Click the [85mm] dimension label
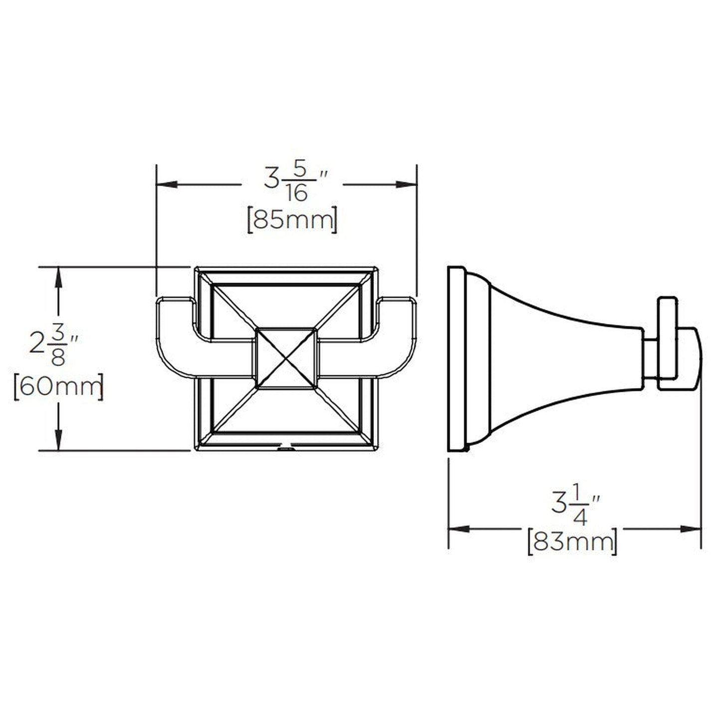pos(292,220)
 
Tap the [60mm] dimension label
pos(58,386)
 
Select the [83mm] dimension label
pos(572,541)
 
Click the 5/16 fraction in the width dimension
pos(297,183)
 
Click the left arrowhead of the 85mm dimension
pos(167,185)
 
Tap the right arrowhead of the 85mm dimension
pos(406,185)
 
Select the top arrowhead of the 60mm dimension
pos(59,277)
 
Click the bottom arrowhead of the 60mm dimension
pos(59,440)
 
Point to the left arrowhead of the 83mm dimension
pos(459,529)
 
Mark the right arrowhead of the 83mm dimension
pos(692,529)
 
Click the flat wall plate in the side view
pos(456,359)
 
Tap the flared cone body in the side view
pos(559,359)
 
